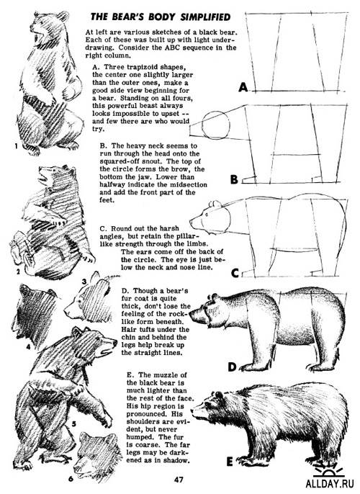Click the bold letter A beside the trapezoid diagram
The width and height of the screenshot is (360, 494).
coord(243,88)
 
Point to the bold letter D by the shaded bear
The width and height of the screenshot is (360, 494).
coord(232,367)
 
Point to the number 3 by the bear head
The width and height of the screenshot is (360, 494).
coord(84,282)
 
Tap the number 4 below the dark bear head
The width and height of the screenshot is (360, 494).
coord(28,346)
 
